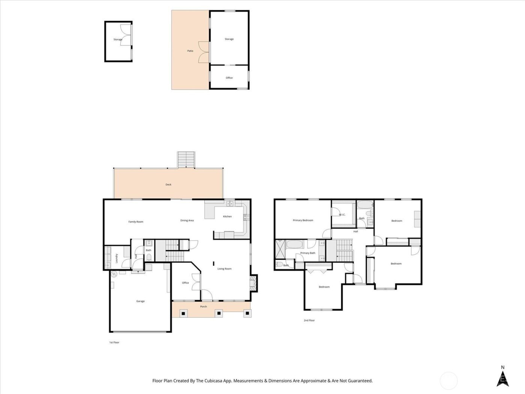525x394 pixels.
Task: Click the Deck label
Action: (x=168, y=185)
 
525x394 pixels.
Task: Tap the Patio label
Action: (x=190, y=51)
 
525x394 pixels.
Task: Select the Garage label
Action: (x=140, y=301)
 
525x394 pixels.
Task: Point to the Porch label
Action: (x=203, y=307)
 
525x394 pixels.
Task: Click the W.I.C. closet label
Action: (x=342, y=215)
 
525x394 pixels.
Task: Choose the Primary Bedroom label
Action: (x=303, y=220)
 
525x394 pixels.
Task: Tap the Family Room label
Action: (x=136, y=222)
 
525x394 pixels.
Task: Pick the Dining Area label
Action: (x=187, y=221)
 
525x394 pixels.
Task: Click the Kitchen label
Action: (x=227, y=217)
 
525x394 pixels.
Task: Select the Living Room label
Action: (x=224, y=269)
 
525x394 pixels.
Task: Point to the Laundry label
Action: (x=117, y=258)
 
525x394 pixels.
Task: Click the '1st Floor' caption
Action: (x=114, y=343)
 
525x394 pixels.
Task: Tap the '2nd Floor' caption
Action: (x=309, y=320)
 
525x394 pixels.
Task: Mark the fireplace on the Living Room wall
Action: (x=254, y=283)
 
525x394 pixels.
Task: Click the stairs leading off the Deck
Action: (x=186, y=160)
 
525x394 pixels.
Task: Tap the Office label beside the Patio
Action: (x=229, y=78)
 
